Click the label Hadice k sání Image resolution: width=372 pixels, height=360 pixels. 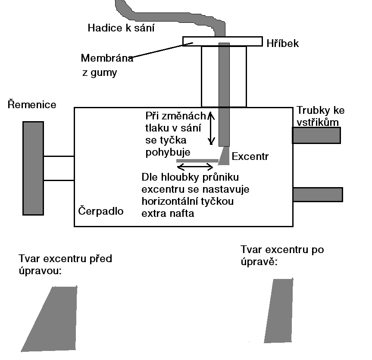[x=121, y=28]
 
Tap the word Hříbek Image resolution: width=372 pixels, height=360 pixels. [x=283, y=43]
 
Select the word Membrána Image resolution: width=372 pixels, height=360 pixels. [x=107, y=58]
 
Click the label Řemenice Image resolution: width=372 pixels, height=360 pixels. [x=32, y=104]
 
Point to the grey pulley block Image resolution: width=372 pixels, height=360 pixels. [x=33, y=168]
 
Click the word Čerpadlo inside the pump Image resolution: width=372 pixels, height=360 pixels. [x=101, y=211]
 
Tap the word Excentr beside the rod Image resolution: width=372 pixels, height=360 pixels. [x=250, y=157]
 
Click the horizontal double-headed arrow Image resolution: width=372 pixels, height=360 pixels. [x=195, y=166]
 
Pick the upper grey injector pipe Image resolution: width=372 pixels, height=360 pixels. [x=316, y=135]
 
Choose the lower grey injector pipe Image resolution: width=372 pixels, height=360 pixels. [x=318, y=194]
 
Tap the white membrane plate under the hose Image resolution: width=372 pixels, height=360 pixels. [x=203, y=41]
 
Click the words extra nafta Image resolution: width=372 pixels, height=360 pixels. [x=168, y=213]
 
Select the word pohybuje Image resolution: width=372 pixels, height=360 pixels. [x=169, y=152]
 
